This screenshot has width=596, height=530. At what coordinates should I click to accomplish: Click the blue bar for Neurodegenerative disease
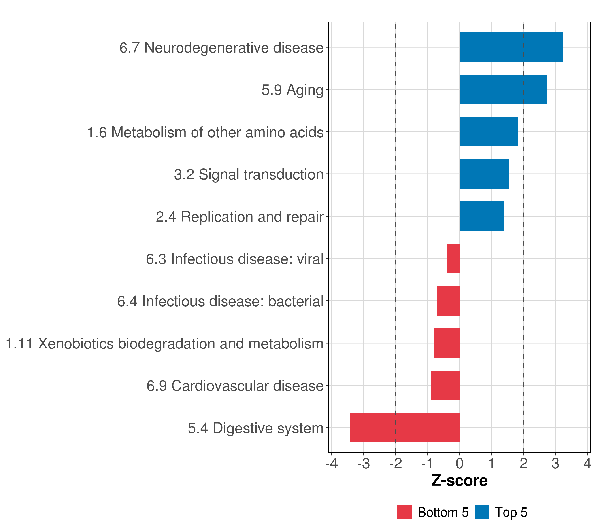coord(511,47)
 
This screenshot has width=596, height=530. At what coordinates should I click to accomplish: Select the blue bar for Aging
coord(503,90)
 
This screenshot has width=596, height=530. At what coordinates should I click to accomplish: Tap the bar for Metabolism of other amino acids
coord(488,132)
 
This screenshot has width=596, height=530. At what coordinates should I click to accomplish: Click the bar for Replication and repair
coord(482,216)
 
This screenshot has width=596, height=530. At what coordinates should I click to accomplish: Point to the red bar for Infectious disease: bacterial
coord(448,301)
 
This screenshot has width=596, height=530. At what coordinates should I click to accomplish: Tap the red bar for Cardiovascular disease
coord(445,385)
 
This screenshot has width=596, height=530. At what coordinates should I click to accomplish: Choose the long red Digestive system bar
coord(404,428)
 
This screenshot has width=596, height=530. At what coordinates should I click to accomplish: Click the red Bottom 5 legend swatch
coord(404,512)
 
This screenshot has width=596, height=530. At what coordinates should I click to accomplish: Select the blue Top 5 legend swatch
coord(482,512)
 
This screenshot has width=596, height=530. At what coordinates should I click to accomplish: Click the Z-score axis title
coord(459,481)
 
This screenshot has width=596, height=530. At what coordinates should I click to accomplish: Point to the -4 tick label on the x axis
coord(332,464)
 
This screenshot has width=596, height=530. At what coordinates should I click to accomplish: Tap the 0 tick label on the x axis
coord(460,464)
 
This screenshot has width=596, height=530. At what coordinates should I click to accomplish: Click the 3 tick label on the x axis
coord(555,464)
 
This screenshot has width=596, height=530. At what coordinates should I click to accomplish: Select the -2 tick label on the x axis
coord(395,464)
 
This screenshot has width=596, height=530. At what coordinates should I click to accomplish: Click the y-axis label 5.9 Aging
coord(292,90)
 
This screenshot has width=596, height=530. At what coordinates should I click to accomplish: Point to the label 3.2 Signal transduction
coord(248,174)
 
